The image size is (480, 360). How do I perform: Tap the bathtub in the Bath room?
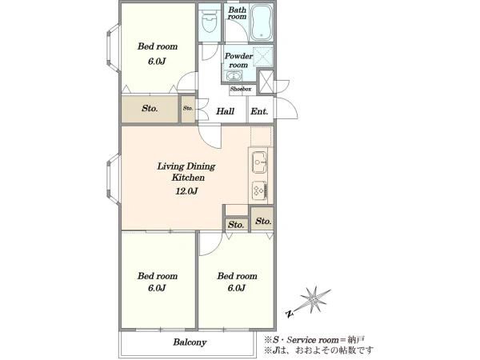[x=262, y=22]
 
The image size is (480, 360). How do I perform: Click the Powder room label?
[x=238, y=60]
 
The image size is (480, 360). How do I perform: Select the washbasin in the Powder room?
[x=234, y=76]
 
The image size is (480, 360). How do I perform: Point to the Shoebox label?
[x=241, y=89]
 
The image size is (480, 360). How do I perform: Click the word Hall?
[x=225, y=111]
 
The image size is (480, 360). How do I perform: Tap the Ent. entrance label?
[x=259, y=111]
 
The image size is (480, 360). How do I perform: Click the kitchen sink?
[x=259, y=162]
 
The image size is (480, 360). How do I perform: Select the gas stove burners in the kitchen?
[x=259, y=190]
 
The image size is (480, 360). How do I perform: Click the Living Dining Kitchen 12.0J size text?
[x=186, y=191]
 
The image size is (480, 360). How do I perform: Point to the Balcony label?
[x=190, y=342]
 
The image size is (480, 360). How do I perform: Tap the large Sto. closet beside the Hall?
[x=150, y=109]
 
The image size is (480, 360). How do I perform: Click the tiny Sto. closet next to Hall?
[x=188, y=109]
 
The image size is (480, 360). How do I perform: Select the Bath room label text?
[x=237, y=13]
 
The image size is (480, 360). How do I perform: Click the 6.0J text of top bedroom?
[x=157, y=62]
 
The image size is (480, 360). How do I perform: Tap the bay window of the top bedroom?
[x=114, y=48]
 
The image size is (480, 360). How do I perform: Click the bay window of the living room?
[x=114, y=179]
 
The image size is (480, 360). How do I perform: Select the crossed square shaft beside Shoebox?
[x=266, y=82]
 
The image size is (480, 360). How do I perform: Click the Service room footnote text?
[x=315, y=340]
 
